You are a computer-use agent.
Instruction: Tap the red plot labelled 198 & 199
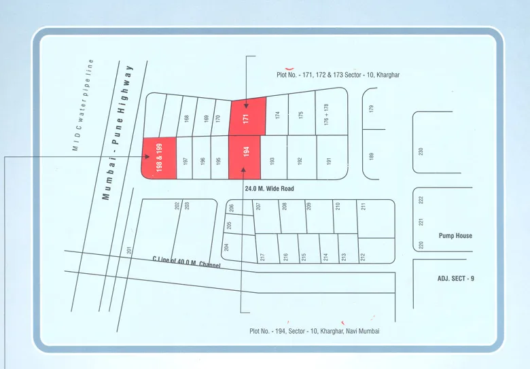tap(160, 157)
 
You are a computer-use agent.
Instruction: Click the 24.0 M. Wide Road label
tap(268, 188)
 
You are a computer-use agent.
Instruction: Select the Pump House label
tap(455, 236)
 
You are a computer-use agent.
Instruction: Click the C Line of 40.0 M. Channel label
tap(187, 262)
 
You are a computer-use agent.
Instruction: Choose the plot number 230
tap(421, 152)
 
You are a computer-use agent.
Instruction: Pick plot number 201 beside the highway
tap(128, 251)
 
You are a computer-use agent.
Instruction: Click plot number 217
tap(262, 257)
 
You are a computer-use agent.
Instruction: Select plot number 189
tap(371, 156)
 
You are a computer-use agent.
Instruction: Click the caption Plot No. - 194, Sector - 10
tap(314, 331)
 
